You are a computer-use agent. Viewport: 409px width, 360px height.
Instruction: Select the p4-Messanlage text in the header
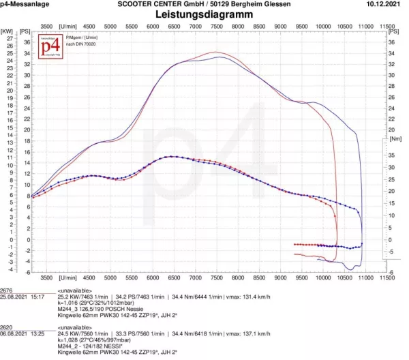[23, 4]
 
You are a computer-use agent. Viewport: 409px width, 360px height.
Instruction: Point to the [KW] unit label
[7, 31]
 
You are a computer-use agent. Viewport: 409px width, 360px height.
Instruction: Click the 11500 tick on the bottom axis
[387, 277]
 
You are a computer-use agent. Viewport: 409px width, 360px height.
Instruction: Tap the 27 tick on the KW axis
[9, 39]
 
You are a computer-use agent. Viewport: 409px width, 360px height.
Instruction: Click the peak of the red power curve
[216, 52]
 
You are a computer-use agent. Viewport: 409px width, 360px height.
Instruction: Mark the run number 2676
[7, 290]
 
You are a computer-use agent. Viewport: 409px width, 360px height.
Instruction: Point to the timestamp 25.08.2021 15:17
[22, 297]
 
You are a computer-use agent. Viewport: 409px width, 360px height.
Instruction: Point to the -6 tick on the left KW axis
[9, 272]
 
